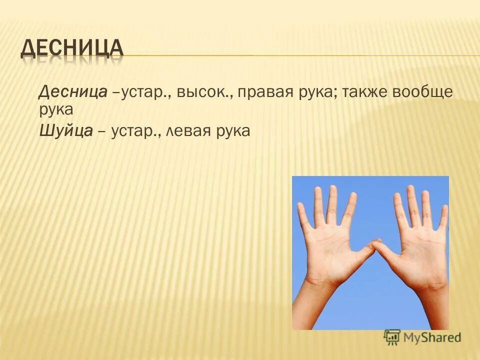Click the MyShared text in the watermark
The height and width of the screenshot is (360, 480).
(x=432, y=337)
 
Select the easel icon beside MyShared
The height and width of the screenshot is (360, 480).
(x=392, y=337)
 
